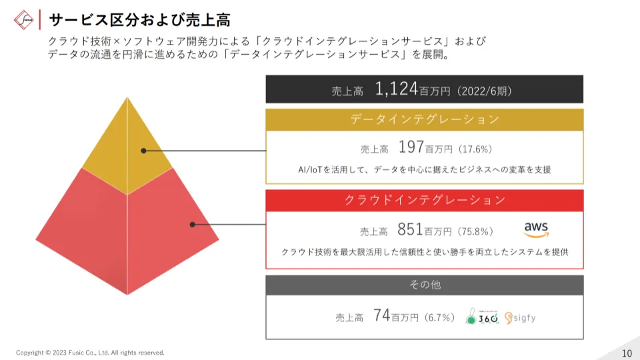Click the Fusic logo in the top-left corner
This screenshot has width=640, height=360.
[x=25, y=19]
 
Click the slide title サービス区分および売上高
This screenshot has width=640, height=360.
[x=140, y=19]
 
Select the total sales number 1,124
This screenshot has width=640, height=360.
[x=396, y=89]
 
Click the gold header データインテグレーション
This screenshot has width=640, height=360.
[x=424, y=119]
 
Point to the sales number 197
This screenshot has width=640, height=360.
[x=411, y=147]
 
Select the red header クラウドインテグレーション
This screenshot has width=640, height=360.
[x=424, y=200]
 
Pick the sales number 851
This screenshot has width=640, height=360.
[x=410, y=230]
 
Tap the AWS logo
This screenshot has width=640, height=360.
[x=536, y=229]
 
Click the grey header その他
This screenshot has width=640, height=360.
[x=424, y=285]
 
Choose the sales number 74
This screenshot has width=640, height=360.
[x=381, y=316]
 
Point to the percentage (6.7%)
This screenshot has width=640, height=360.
[x=439, y=317]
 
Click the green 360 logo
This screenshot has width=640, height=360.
[x=482, y=317]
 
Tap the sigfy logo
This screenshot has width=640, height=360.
[x=520, y=317]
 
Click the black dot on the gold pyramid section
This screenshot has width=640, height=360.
[x=143, y=151]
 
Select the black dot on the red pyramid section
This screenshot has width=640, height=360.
[x=192, y=225]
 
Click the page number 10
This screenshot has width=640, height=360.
[x=626, y=353]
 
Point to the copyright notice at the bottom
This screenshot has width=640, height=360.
[x=90, y=353]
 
